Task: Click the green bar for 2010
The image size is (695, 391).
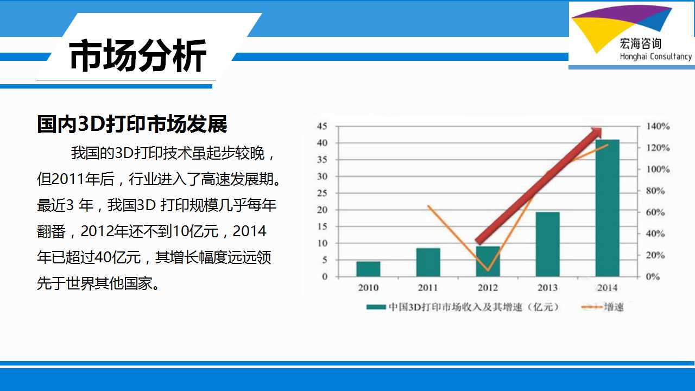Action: click(368, 269)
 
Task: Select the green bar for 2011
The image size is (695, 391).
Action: click(428, 262)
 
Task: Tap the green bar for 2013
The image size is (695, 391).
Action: click(548, 244)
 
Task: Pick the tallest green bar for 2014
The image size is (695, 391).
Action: click(608, 208)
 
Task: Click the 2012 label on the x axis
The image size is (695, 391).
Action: click(488, 288)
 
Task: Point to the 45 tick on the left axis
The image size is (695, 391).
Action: click(322, 126)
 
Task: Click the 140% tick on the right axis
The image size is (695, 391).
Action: click(658, 127)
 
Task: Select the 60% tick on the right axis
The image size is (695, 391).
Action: click(655, 212)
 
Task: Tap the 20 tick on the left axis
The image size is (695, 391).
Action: click(322, 210)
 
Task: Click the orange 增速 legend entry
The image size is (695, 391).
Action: click(602, 307)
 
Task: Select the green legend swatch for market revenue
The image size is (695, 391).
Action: click(376, 307)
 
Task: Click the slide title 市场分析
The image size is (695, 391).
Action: click(138, 56)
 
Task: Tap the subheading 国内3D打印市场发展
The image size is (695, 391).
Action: click(132, 124)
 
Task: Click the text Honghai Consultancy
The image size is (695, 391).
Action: click(656, 56)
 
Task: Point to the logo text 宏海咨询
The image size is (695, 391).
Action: click(640, 44)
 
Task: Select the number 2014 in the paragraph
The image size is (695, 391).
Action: click(249, 231)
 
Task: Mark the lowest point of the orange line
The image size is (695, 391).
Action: click(488, 270)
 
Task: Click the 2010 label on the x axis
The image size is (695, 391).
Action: click(368, 288)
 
